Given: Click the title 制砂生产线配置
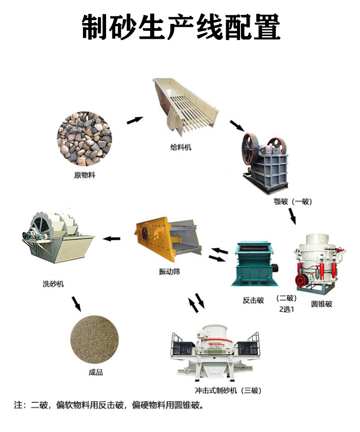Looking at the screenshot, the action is [181, 27].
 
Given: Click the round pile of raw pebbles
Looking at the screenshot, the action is [84, 139].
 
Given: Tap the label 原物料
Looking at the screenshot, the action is [84, 175].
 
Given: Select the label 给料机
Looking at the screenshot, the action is [180, 147].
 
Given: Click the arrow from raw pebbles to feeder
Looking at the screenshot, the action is [135, 120].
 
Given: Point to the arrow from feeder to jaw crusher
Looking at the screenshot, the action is [237, 126].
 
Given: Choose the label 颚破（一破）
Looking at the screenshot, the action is [293, 202].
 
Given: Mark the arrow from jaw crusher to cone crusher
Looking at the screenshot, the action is [292, 216].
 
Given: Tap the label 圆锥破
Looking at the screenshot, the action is [322, 304].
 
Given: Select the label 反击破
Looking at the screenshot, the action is [253, 300].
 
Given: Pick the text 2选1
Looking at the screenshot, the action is [287, 310].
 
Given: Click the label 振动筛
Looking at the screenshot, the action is [169, 272].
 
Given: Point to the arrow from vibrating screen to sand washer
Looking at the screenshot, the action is [111, 239].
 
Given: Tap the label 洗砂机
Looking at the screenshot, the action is [53, 284].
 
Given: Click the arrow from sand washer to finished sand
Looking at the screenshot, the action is [76, 304].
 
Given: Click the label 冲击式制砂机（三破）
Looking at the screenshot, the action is [228, 390].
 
